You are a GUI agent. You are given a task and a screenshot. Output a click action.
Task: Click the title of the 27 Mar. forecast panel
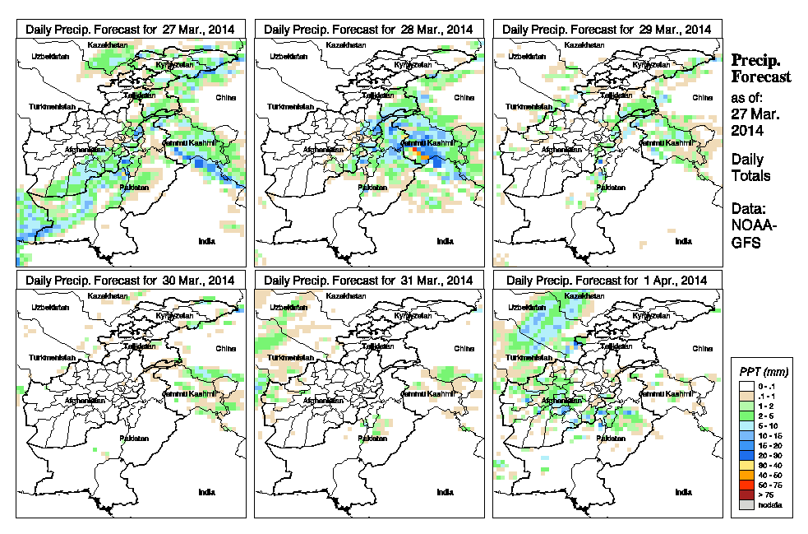pos(131,29)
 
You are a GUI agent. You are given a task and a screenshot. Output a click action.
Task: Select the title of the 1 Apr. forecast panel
pos(607,280)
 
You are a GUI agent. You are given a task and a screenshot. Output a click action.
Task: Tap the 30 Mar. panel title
pos(131,280)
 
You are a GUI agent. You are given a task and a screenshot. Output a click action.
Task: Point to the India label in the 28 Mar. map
pos(445,241)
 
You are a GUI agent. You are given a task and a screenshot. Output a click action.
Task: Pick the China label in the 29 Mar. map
pos(702,97)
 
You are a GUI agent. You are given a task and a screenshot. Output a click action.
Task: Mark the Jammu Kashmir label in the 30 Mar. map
pos(194,394)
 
